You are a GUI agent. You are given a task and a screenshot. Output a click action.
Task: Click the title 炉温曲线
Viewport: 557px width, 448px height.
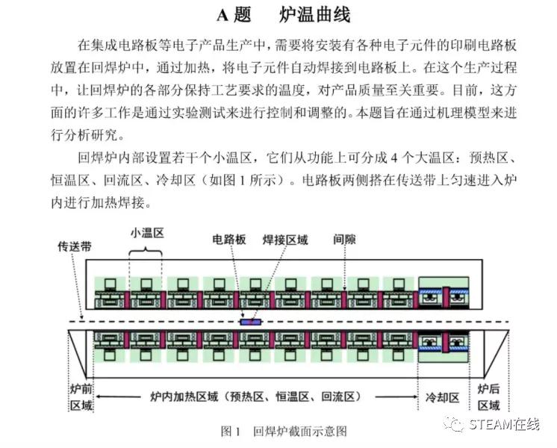[315, 15]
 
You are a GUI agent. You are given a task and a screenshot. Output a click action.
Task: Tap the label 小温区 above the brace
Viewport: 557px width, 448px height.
[147, 233]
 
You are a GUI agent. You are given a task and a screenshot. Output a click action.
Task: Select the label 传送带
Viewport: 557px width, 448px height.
[75, 246]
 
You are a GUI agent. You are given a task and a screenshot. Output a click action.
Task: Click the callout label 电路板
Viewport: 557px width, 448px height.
[229, 240]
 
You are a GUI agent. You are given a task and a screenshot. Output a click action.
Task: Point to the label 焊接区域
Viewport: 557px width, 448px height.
[285, 240]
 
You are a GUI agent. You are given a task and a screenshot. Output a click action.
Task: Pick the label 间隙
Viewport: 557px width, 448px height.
[344, 239]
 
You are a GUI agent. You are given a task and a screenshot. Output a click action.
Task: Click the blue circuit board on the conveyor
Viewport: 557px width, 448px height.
[251, 323]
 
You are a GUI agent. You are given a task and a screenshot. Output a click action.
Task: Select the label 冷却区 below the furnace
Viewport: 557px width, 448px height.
[443, 397]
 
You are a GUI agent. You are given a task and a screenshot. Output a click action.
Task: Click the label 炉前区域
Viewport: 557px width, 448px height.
[81, 397]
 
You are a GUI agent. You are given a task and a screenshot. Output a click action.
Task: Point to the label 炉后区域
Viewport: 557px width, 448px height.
[488, 397]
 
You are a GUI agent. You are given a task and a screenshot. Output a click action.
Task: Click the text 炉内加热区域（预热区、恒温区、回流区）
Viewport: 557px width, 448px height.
[255, 396]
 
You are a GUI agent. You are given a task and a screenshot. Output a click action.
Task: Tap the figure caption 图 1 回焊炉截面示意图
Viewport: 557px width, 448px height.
[284, 431]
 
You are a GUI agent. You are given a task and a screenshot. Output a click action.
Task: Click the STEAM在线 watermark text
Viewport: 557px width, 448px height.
[505, 424]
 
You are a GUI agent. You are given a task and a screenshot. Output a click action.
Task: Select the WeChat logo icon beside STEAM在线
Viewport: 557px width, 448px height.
[454, 424]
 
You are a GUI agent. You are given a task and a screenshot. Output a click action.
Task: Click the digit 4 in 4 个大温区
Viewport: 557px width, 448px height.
[394, 158]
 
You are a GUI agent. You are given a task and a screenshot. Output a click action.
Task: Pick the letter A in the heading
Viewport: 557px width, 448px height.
[223, 16]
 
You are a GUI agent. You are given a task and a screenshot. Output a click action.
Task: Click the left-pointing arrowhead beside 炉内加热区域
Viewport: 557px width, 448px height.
[99, 396]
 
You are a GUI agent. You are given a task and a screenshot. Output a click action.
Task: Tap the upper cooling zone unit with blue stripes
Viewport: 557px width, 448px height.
[444, 293]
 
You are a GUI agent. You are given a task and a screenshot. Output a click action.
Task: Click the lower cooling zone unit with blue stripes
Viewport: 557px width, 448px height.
[444, 346]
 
